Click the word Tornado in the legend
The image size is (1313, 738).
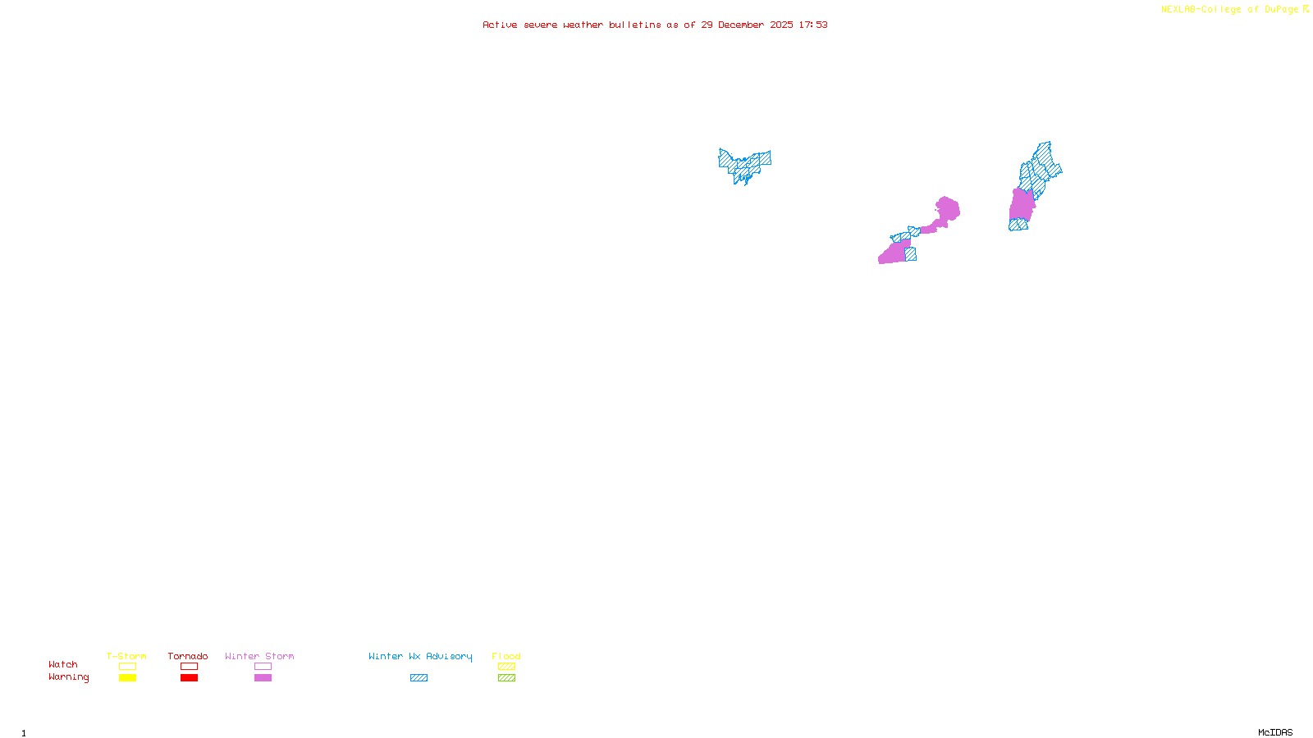tap(188, 656)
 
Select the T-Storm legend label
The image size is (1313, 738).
tap(126, 656)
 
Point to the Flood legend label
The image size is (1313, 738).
tap(506, 656)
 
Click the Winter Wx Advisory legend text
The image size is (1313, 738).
tap(420, 656)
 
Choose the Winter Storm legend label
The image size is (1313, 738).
tap(259, 656)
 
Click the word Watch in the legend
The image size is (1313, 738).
tap(63, 664)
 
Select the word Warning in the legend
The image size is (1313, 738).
tap(68, 677)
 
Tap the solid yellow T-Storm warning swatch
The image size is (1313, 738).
tap(127, 678)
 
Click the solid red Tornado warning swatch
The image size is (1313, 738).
tap(190, 678)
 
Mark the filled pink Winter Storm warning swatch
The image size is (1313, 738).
tap(263, 678)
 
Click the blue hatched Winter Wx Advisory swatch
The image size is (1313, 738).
tap(419, 678)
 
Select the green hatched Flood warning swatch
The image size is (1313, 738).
tap(506, 678)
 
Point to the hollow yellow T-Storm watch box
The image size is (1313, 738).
tap(127, 667)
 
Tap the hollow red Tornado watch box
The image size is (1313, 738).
tap(190, 667)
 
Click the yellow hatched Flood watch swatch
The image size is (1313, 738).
tap(506, 667)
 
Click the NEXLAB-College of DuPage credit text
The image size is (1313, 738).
tap(1230, 10)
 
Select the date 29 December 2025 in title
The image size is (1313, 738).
tap(747, 25)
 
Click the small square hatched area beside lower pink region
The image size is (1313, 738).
tap(911, 254)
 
